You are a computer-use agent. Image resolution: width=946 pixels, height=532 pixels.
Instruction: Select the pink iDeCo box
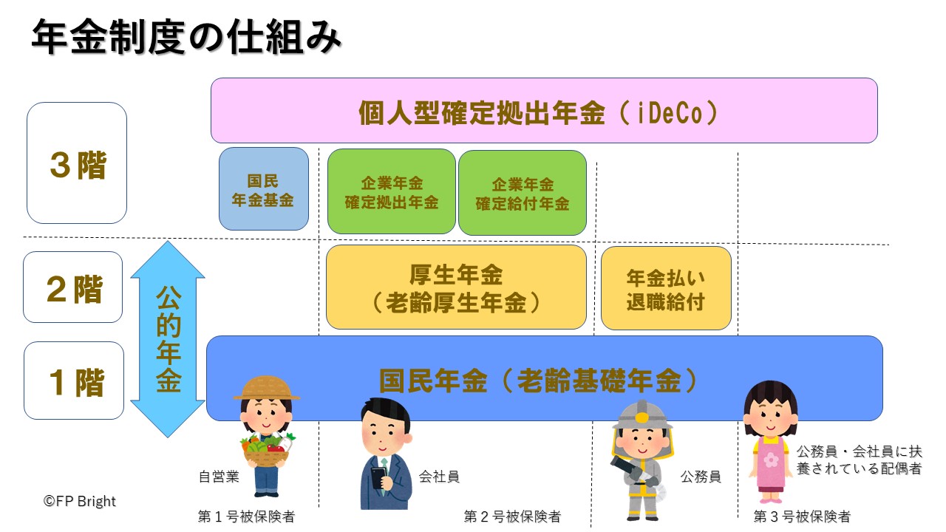(544, 111)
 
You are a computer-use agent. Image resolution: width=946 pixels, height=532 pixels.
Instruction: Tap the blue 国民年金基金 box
(264, 189)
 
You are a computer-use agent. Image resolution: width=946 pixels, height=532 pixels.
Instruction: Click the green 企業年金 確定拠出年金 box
(391, 192)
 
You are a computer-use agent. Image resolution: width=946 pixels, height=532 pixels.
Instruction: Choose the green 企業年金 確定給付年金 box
(522, 194)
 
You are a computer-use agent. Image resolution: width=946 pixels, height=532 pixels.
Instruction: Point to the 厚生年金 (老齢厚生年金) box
(456, 287)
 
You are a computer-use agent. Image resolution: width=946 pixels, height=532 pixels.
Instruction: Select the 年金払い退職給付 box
(665, 288)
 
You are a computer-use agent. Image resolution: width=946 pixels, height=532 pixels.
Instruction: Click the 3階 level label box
(77, 163)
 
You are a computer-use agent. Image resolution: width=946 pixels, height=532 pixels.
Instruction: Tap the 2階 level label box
(72, 287)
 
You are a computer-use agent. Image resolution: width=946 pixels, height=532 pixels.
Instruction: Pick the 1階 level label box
(73, 381)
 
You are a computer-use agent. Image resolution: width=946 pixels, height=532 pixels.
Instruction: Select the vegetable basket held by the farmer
(266, 451)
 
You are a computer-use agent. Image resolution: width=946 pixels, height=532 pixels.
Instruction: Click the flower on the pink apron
(771, 460)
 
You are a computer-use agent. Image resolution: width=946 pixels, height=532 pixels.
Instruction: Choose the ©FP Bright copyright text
(80, 501)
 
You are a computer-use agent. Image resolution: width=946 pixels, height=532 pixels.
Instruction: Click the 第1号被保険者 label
(246, 516)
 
